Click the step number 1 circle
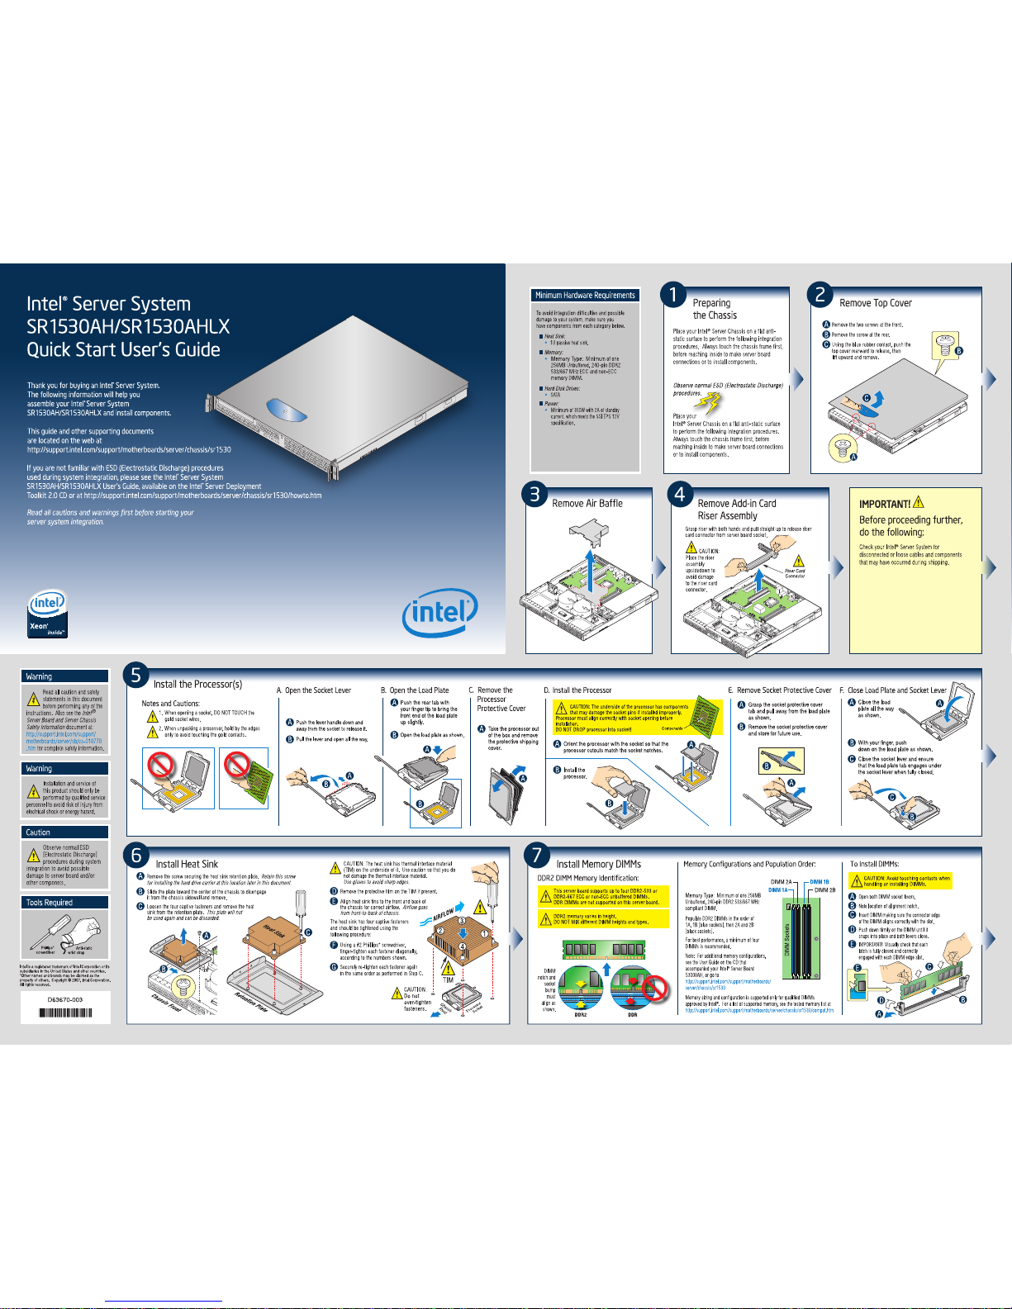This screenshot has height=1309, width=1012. tap(674, 295)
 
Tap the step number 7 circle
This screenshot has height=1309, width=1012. tap(537, 856)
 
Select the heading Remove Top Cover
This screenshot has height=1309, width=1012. tap(876, 303)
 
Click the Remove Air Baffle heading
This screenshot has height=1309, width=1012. tap(587, 503)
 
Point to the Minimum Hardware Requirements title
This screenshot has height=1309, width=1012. tap(585, 295)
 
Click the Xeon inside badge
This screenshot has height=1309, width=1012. tap(46, 614)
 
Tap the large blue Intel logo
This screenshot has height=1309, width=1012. tap(439, 613)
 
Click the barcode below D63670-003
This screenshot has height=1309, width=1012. tap(65, 1013)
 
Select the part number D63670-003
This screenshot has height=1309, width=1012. tap(65, 999)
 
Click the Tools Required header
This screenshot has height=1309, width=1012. tap(49, 903)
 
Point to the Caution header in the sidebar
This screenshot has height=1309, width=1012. tap(38, 832)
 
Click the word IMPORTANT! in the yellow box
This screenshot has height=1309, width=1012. tap(885, 504)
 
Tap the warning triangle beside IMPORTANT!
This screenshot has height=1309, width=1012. tap(919, 501)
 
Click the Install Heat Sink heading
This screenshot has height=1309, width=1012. tap(187, 864)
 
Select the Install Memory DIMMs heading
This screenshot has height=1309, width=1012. tap(598, 864)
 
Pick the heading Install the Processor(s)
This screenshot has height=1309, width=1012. tap(197, 684)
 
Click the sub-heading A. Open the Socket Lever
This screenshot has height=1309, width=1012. tap(313, 690)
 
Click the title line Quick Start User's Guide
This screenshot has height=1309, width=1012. tap(123, 349)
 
